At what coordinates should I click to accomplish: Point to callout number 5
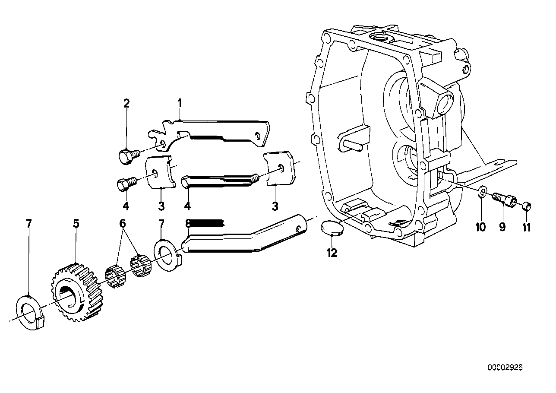point(76,223)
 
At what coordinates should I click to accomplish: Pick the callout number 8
point(187,223)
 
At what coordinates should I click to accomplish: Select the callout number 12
point(332,254)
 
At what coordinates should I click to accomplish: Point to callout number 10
point(480,227)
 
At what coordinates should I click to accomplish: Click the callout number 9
point(502,227)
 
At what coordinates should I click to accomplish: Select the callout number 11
point(526,227)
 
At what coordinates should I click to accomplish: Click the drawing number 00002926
point(505,368)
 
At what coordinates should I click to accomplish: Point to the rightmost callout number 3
point(275,206)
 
